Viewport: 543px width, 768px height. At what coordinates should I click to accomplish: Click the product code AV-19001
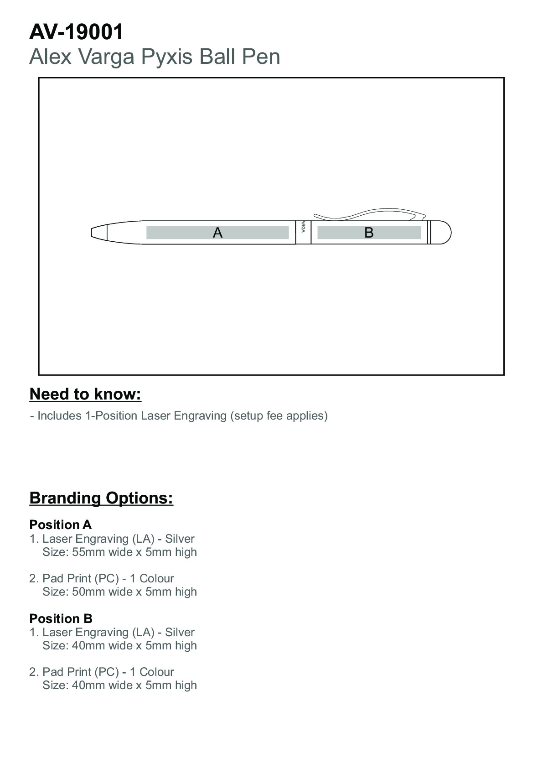point(76,32)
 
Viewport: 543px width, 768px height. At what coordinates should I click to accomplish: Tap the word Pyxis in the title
point(167,57)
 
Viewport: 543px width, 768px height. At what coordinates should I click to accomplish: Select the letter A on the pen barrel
point(217,233)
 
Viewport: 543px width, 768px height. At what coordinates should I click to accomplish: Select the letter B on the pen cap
point(369,233)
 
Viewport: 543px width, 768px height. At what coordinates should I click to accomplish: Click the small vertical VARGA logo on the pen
point(303,228)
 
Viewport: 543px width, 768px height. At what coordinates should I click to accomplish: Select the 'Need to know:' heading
point(85,394)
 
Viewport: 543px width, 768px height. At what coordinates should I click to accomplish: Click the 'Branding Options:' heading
point(101,498)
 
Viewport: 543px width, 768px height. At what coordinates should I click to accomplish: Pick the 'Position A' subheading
point(60,524)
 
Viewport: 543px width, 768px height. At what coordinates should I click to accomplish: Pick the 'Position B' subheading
point(61,618)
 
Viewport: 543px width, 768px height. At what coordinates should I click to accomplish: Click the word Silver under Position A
point(180,539)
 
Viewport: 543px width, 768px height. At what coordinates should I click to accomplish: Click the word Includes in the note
point(59,415)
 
